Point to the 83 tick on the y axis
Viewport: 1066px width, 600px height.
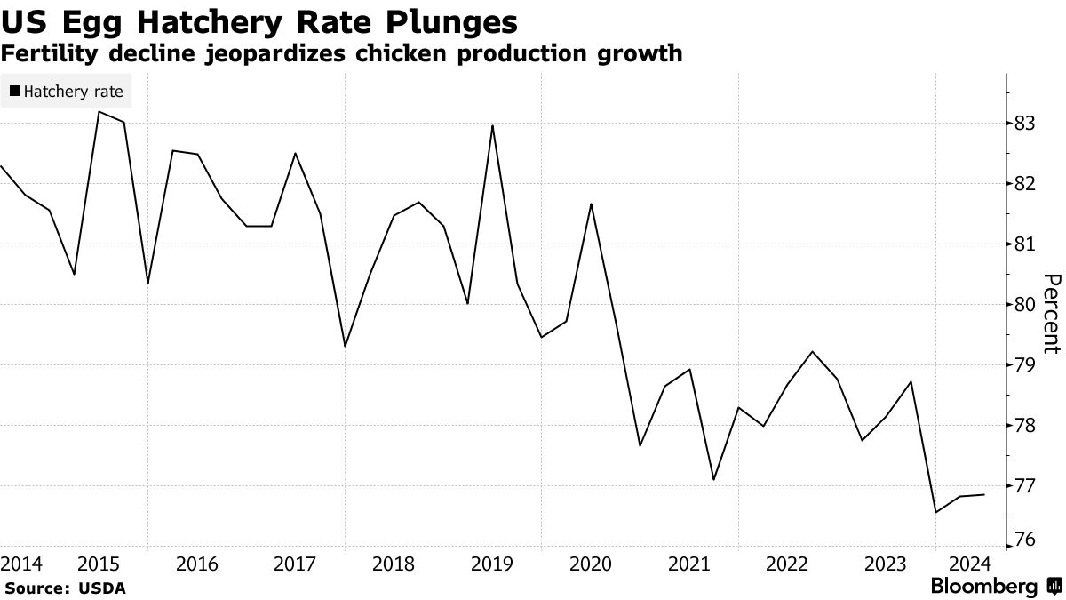(1026, 124)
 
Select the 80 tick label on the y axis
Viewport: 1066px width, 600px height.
(1026, 305)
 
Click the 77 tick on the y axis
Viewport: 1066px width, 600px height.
(1026, 486)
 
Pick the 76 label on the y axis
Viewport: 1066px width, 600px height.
(1026, 541)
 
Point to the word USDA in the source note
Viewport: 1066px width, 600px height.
(105, 588)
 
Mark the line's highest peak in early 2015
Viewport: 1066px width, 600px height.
(99, 112)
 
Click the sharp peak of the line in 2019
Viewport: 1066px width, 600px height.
(492, 125)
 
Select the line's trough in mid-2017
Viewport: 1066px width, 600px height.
(345, 347)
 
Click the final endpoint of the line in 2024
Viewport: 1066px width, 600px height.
(984, 495)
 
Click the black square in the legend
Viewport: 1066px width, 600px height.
(16, 91)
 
